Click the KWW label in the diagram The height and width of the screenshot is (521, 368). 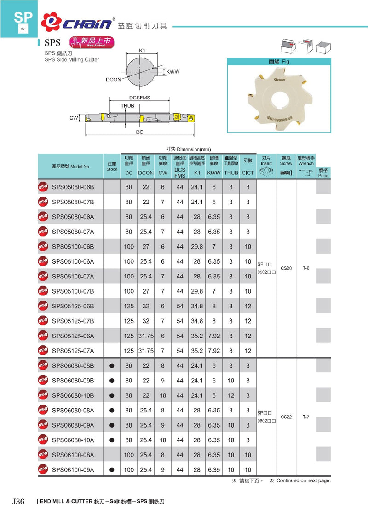pos(172,72)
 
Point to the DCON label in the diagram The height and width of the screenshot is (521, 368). pos(113,80)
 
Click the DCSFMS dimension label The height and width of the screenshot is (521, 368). pos(140,98)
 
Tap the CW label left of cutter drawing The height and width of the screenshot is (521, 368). pos(74,118)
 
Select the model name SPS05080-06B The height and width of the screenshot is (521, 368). pos(73,187)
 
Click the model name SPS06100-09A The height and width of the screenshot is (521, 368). pos(73,470)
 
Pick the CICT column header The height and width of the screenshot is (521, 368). pos(248,173)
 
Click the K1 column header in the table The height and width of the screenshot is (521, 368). pos(197,173)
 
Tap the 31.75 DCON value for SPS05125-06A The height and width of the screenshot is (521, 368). pos(146,336)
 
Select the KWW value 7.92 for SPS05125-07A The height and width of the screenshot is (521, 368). pos(214,350)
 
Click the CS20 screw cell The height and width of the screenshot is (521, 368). pos(286,268)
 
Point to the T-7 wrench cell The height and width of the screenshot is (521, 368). pos(306,417)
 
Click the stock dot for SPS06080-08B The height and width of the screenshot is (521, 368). pos(112,366)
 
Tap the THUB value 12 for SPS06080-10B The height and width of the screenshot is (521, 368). pos(231,395)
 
